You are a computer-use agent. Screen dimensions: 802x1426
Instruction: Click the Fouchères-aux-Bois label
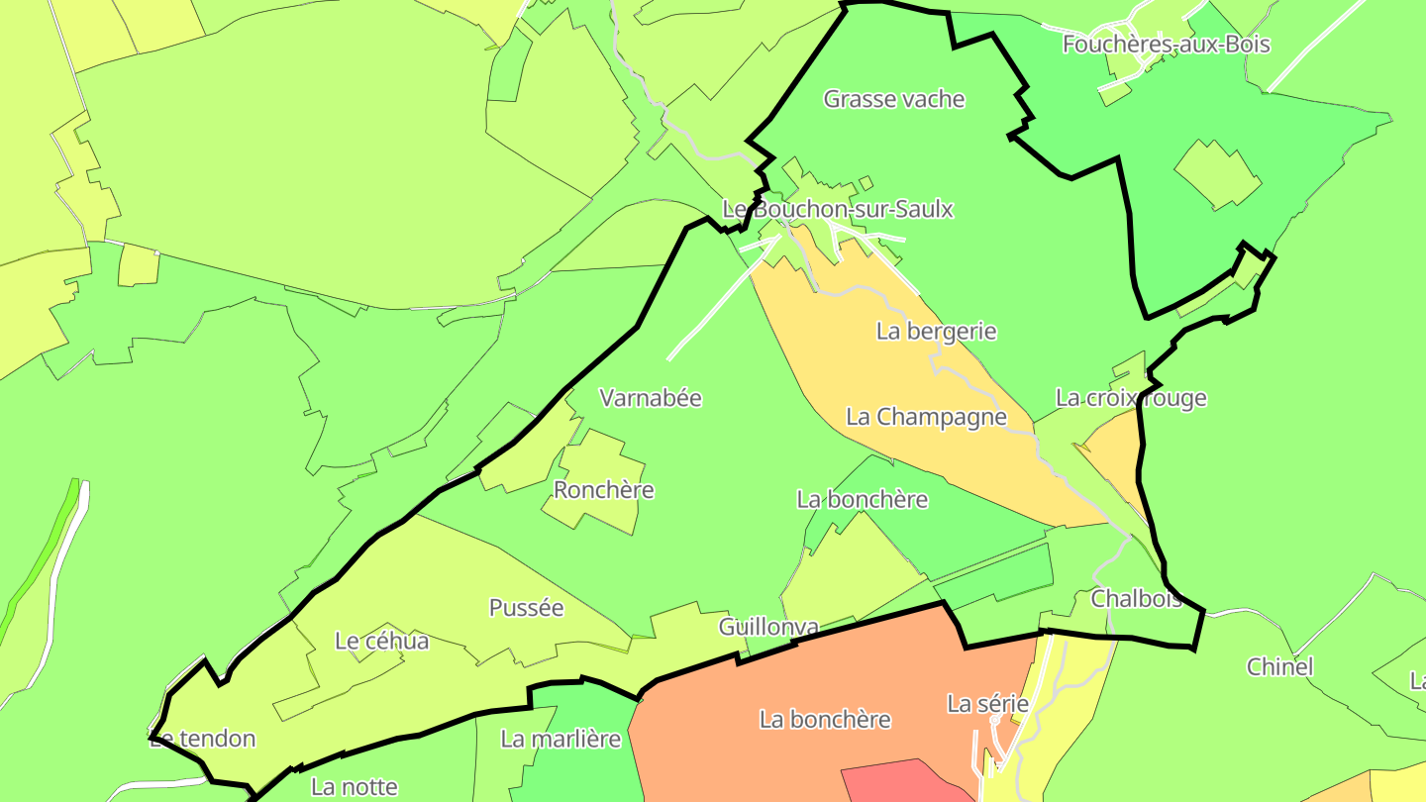tap(1166, 45)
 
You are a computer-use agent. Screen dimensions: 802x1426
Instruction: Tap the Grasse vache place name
tap(894, 99)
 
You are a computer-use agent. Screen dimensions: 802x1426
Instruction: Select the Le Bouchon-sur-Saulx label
tap(838, 209)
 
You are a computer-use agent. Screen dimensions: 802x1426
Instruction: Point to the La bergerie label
tap(936, 331)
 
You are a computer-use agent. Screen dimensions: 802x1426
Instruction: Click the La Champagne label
tap(926, 417)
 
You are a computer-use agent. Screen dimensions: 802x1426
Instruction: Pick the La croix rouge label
tap(1131, 398)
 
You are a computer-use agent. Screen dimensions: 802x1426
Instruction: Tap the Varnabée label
tap(651, 398)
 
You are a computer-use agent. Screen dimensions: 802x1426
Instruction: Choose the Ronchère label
tap(604, 490)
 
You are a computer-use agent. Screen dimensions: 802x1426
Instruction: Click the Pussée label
tap(526, 608)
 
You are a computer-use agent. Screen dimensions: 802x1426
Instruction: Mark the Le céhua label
tap(382, 641)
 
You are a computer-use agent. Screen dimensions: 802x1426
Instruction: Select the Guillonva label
tap(768, 627)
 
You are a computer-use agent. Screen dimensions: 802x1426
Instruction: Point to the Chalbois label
tap(1136, 599)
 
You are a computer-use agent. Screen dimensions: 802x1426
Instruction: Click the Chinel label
tap(1279, 666)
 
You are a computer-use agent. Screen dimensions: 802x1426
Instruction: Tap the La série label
tap(987, 704)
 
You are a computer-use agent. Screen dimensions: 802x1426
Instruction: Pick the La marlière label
tap(560, 739)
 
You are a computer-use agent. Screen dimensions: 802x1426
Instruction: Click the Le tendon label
tap(203, 739)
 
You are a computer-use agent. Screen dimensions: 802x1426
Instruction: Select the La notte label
tap(354, 787)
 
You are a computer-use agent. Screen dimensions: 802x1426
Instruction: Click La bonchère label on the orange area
tap(825, 720)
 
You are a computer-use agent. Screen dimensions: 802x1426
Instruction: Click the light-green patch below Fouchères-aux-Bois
tap(1216, 174)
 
